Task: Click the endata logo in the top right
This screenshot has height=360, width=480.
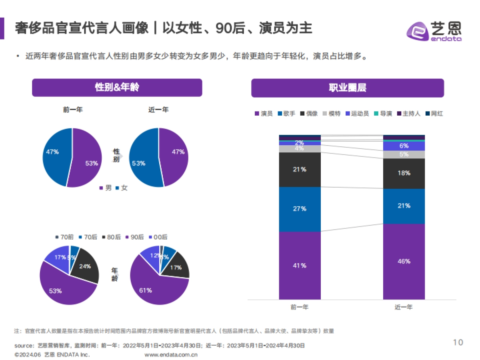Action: (434, 30)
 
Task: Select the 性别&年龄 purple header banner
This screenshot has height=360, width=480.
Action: (117, 88)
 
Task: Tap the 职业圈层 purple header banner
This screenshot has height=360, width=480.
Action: (347, 88)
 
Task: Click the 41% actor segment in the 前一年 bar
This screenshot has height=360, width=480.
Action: (300, 265)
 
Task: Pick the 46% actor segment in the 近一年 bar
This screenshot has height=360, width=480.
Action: (404, 261)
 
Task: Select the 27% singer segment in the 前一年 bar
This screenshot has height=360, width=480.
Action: (300, 209)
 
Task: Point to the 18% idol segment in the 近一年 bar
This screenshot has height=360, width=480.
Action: (404, 173)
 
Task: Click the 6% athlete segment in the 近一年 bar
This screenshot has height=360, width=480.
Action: (404, 146)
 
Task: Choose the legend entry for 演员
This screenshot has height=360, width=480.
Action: (264, 114)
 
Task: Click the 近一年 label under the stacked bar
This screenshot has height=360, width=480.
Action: (404, 307)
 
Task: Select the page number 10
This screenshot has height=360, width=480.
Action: (458, 342)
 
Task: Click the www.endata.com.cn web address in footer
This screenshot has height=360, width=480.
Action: (171, 354)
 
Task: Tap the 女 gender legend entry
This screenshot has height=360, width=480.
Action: (122, 188)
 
